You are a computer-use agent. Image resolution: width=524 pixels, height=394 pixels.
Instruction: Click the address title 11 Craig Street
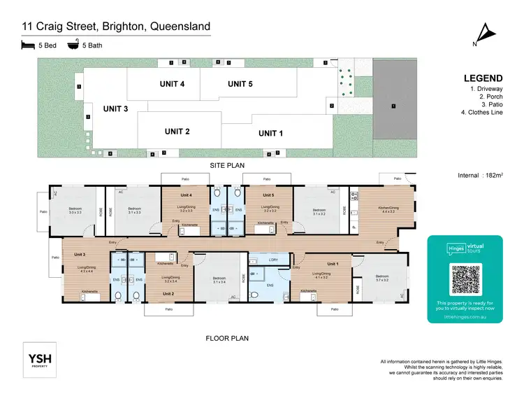[115, 27]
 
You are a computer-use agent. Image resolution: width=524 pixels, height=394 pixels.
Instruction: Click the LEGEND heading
[482, 78]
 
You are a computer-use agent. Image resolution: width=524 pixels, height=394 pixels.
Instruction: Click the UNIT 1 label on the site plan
[271, 133]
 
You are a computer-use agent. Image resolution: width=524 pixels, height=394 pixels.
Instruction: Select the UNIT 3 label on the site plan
[116, 108]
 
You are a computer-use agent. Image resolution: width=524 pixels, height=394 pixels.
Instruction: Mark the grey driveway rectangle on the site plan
[393, 107]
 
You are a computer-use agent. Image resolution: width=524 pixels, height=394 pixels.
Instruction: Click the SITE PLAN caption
[227, 164]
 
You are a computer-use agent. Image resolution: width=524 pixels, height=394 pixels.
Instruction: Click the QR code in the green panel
[465, 279]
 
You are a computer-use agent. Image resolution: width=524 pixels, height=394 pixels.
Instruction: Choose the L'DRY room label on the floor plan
[265, 260]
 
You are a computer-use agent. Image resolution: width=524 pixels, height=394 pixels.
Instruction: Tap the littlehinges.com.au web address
[465, 316]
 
